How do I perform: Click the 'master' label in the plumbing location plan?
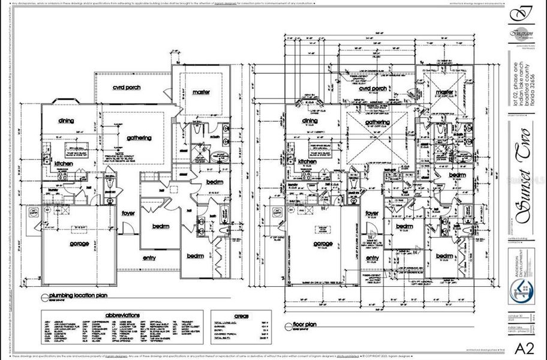coord(202,92)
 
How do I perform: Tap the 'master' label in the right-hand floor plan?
coord(444,92)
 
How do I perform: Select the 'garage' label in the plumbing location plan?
coord(79,244)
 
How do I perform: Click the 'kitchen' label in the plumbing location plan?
coord(64,163)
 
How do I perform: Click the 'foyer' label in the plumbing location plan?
coord(128,212)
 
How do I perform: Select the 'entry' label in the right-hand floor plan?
coord(372,258)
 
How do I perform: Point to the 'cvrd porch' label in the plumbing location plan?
coord(127,88)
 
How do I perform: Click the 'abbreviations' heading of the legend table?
coord(122,314)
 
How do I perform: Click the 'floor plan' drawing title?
coord(307,325)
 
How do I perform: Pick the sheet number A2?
coord(524,347)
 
